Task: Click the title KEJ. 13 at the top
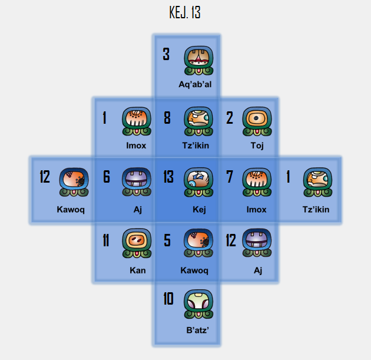(185, 12)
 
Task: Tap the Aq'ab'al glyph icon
(198, 61)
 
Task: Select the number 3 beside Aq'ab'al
(166, 55)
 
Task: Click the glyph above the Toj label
(257, 122)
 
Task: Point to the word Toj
(257, 146)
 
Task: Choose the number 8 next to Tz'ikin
(167, 118)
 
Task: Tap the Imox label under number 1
(136, 146)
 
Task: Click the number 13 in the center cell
(168, 177)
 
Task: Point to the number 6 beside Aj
(107, 177)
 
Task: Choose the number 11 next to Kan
(106, 240)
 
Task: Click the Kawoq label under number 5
(194, 270)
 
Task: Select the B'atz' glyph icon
(198, 305)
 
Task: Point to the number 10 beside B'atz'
(168, 299)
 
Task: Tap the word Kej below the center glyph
(199, 209)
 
